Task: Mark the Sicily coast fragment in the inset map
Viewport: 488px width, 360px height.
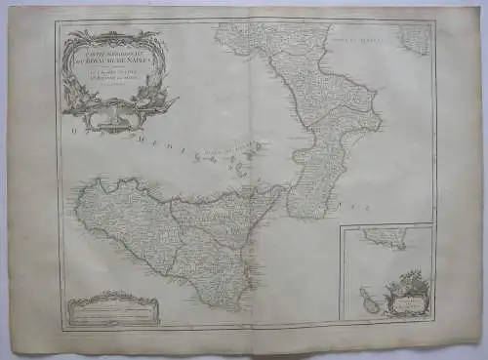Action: coord(383,238)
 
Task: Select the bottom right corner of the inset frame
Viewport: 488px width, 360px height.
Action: coord(432,321)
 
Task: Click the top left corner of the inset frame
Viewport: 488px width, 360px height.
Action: coord(341,225)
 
